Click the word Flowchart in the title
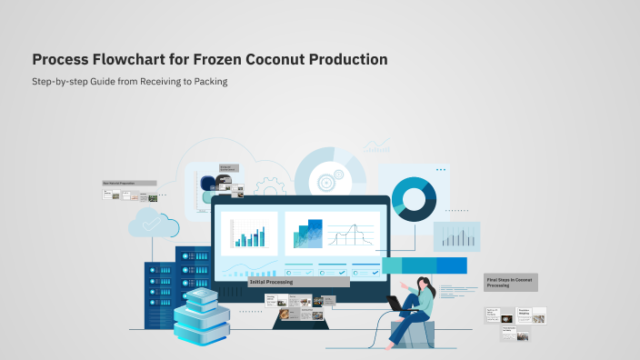click(125, 60)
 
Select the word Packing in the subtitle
click(208, 82)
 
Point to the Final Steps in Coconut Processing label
click(510, 283)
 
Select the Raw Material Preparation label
click(119, 183)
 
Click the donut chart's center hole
click(414, 199)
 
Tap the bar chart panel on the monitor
click(249, 233)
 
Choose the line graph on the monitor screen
click(350, 235)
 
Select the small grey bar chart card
click(456, 236)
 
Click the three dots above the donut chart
click(441, 170)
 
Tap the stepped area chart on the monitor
click(307, 235)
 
